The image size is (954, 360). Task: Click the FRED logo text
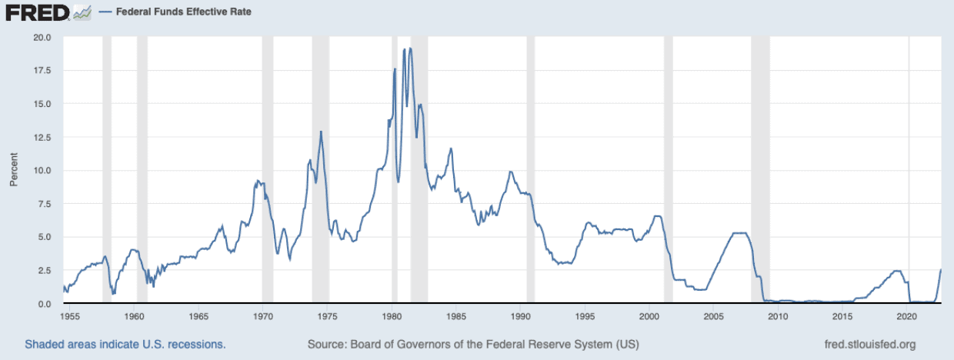pyautogui.click(x=37, y=12)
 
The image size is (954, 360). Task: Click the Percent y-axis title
pyautogui.click(x=13, y=171)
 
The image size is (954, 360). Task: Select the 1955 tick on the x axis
pyautogui.click(x=69, y=316)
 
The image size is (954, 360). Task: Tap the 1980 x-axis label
pyautogui.click(x=392, y=316)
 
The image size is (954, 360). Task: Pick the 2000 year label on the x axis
pyautogui.click(x=649, y=316)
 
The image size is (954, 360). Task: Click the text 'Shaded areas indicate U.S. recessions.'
pyautogui.click(x=125, y=344)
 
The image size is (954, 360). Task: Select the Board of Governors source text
pyautogui.click(x=472, y=344)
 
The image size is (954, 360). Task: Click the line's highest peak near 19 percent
pyautogui.click(x=410, y=48)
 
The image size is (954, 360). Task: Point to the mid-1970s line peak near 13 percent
pyautogui.click(x=321, y=132)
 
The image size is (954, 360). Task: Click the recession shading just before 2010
pyautogui.click(x=760, y=169)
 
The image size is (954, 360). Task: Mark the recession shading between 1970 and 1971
pyautogui.click(x=268, y=169)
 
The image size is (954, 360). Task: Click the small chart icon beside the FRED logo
pyautogui.click(x=82, y=12)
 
